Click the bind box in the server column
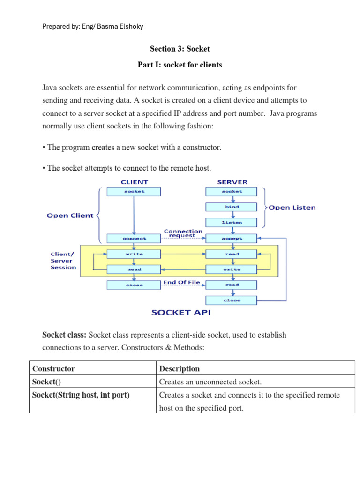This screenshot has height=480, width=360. pyautogui.click(x=232, y=207)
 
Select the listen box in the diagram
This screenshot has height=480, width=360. pyautogui.click(x=232, y=222)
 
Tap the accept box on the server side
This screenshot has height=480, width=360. pyautogui.click(x=232, y=238)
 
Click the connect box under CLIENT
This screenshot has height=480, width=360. pyautogui.click(x=134, y=238)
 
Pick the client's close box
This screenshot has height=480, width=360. pyautogui.click(x=134, y=285)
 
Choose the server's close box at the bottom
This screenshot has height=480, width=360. pyautogui.click(x=232, y=300)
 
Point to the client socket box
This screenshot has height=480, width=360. pyautogui.click(x=134, y=191)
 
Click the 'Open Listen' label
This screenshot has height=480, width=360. pyautogui.click(x=292, y=207)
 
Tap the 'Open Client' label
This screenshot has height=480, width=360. pyautogui.click(x=70, y=215)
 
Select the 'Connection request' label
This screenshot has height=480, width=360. pyautogui.click(x=183, y=233)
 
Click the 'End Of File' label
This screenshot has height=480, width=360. pyautogui.click(x=181, y=282)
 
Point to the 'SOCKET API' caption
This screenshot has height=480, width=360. pyautogui.click(x=181, y=312)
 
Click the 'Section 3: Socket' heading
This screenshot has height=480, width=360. pyautogui.click(x=180, y=49)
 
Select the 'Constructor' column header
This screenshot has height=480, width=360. pyautogui.click(x=53, y=368)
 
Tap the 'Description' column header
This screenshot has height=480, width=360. pyautogui.click(x=180, y=368)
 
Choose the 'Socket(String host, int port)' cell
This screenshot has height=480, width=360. pyautogui.click(x=81, y=395)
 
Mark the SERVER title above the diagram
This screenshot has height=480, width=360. pyautogui.click(x=232, y=182)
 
